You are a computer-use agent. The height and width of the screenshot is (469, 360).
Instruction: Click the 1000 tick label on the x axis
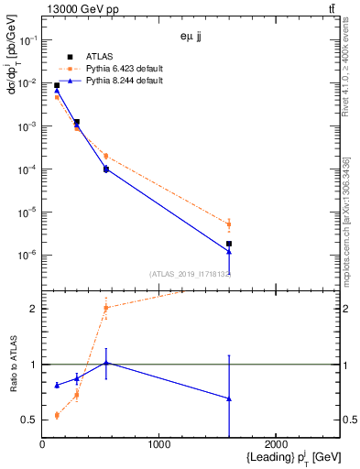click(158, 445)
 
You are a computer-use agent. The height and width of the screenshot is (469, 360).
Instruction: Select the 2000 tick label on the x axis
click(276, 445)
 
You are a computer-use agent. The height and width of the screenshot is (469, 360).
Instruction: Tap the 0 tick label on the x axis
click(42, 445)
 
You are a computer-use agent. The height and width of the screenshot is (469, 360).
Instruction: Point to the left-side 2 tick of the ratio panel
click(34, 309)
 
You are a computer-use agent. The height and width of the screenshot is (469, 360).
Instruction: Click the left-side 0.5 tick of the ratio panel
click(30, 420)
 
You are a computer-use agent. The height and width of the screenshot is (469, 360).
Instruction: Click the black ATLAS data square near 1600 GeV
click(229, 244)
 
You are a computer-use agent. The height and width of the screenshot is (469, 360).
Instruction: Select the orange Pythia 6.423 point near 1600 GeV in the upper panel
click(229, 224)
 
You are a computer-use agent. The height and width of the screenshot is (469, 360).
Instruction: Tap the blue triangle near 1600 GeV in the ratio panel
click(229, 398)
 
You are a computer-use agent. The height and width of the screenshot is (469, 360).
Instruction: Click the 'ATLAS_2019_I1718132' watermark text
click(190, 274)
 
